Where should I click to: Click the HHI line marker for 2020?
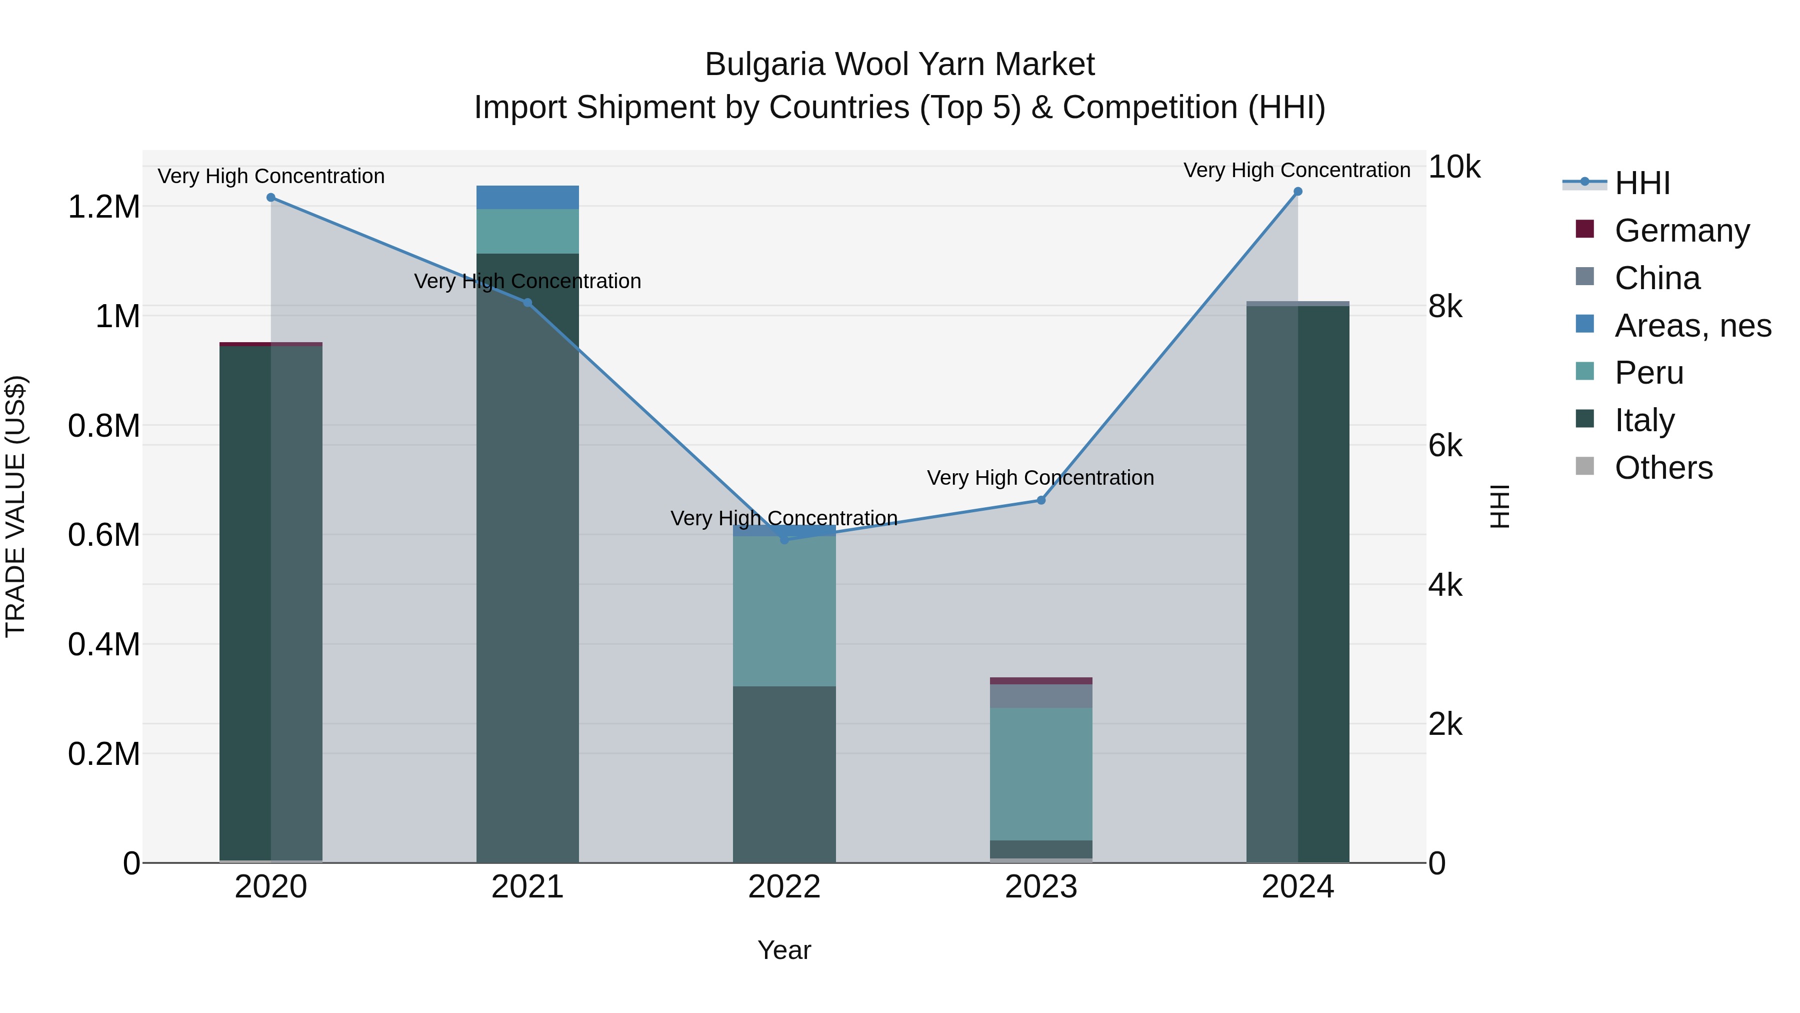point(271,198)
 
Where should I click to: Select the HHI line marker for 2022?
point(784,539)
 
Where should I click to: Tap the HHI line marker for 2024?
point(1297,192)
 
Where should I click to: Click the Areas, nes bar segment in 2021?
point(527,197)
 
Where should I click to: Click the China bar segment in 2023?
point(1041,696)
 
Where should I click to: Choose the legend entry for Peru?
point(1648,373)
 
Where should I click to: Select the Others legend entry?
point(1663,468)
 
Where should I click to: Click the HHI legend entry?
point(1642,183)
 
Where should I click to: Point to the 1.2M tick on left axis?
point(103,207)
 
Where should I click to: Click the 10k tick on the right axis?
point(1454,167)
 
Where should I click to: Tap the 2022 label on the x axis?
point(784,887)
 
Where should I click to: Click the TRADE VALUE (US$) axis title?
point(15,506)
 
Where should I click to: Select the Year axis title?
point(784,950)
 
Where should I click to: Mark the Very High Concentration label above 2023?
point(1040,478)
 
